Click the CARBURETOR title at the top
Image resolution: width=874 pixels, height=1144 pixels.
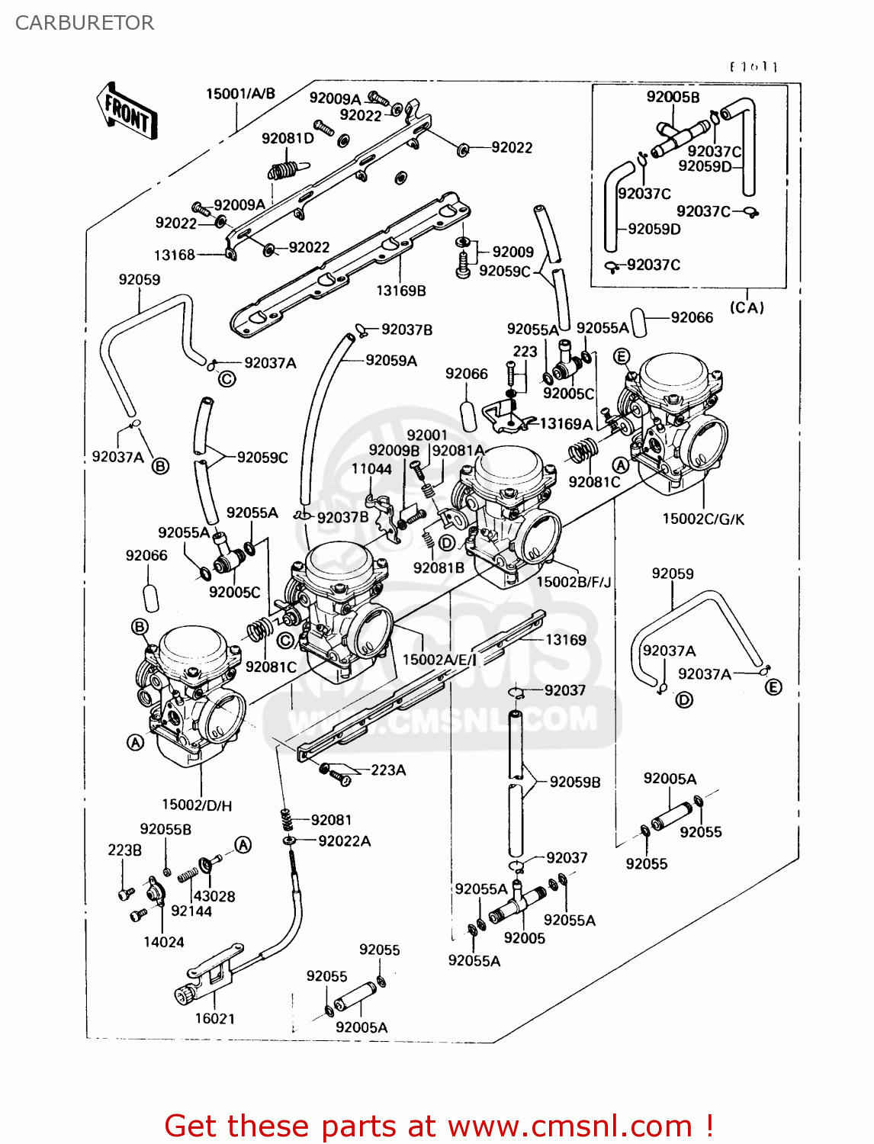pyautogui.click(x=85, y=23)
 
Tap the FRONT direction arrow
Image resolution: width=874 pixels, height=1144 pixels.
pyautogui.click(x=127, y=113)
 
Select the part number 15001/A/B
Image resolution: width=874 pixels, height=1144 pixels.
pyautogui.click(x=240, y=94)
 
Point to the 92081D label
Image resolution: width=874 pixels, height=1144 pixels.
pyautogui.click(x=288, y=138)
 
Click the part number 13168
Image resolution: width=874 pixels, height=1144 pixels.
pyautogui.click(x=175, y=255)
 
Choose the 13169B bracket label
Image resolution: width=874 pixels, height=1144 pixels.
pyautogui.click(x=401, y=291)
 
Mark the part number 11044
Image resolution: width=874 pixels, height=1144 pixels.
pyautogui.click(x=371, y=469)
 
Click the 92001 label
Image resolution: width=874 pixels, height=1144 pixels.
pyautogui.click(x=427, y=435)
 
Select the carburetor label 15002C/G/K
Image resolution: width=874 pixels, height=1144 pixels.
pyautogui.click(x=703, y=519)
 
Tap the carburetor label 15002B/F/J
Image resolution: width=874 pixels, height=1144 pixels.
pyautogui.click(x=574, y=582)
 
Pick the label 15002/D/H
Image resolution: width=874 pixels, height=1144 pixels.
pyautogui.click(x=197, y=804)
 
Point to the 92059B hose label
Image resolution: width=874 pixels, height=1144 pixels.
pyautogui.click(x=575, y=782)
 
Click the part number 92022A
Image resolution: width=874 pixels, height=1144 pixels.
pyautogui.click(x=345, y=840)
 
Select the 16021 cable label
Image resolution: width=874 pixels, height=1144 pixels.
pyautogui.click(x=215, y=1018)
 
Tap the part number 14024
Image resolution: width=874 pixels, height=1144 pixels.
pyautogui.click(x=164, y=942)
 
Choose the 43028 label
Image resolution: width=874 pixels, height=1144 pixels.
pyautogui.click(x=214, y=896)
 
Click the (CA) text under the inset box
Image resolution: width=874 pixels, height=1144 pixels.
pyautogui.click(x=747, y=307)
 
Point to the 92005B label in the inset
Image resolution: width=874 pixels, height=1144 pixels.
pyautogui.click(x=673, y=97)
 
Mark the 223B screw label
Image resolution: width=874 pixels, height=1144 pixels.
pyautogui.click(x=124, y=850)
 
